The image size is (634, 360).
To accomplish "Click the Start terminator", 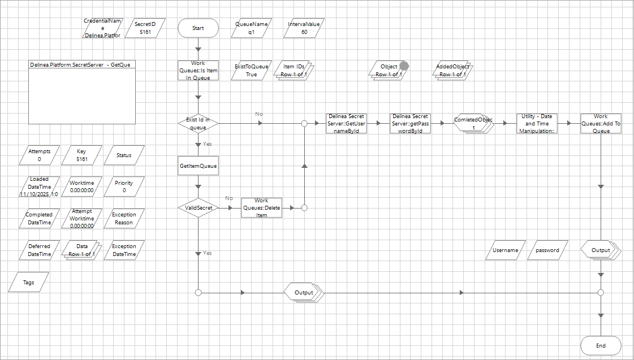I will pyautogui.click(x=198, y=28).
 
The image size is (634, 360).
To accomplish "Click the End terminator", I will pyautogui.click(x=601, y=345).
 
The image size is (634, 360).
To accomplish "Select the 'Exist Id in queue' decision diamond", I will pyautogui.click(x=198, y=123).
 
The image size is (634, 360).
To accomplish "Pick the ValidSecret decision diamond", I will pyautogui.click(x=198, y=208).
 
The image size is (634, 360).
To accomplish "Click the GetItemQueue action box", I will pyautogui.click(x=198, y=166).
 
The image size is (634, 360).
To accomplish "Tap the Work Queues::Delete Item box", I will pyautogui.click(x=261, y=208).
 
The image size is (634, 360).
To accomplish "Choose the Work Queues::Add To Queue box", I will pyautogui.click(x=601, y=123).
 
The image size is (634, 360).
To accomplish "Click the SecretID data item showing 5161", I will pyautogui.click(x=145, y=28).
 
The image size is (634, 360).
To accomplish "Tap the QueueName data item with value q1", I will pyautogui.click(x=252, y=28).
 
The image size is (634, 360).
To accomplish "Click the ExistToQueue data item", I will pyautogui.click(x=252, y=71).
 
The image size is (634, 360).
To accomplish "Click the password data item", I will pyautogui.click(x=547, y=250).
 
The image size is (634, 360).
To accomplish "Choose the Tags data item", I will pyautogui.click(x=28, y=282).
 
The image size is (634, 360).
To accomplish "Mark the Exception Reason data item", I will pyautogui.click(x=124, y=219).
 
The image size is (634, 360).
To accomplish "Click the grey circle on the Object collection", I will pyautogui.click(x=404, y=66).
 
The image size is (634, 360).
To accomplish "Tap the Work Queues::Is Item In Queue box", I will pyautogui.click(x=198, y=71).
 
